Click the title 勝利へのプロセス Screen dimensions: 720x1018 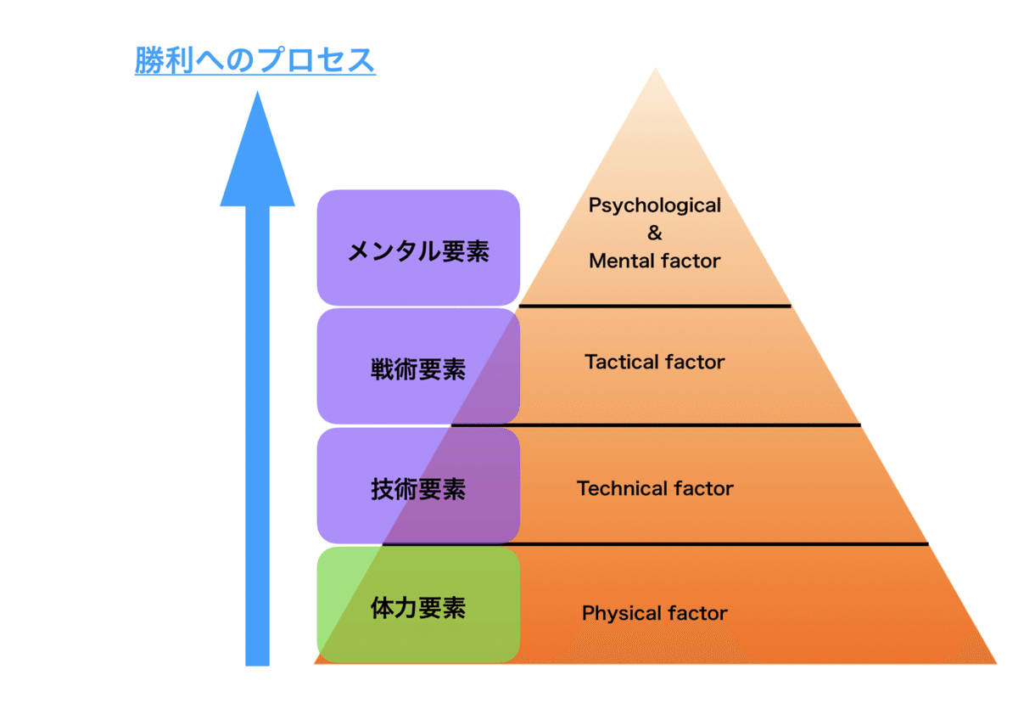(255, 61)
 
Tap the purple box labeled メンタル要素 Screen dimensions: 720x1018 (417, 248)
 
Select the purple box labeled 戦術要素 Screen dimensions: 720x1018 (417, 367)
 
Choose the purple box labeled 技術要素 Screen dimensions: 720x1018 (417, 487)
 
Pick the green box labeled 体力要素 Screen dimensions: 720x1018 (417, 605)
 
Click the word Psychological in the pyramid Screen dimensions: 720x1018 (654, 205)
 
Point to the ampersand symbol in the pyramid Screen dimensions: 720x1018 (654, 233)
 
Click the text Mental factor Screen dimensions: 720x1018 (654, 261)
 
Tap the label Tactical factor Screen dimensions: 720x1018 (654, 363)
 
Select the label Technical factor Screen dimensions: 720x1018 (654, 489)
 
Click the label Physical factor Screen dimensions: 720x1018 (654, 613)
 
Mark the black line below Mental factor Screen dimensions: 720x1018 (654, 305)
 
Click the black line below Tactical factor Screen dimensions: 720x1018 (654, 424)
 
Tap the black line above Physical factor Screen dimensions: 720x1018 (654, 543)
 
